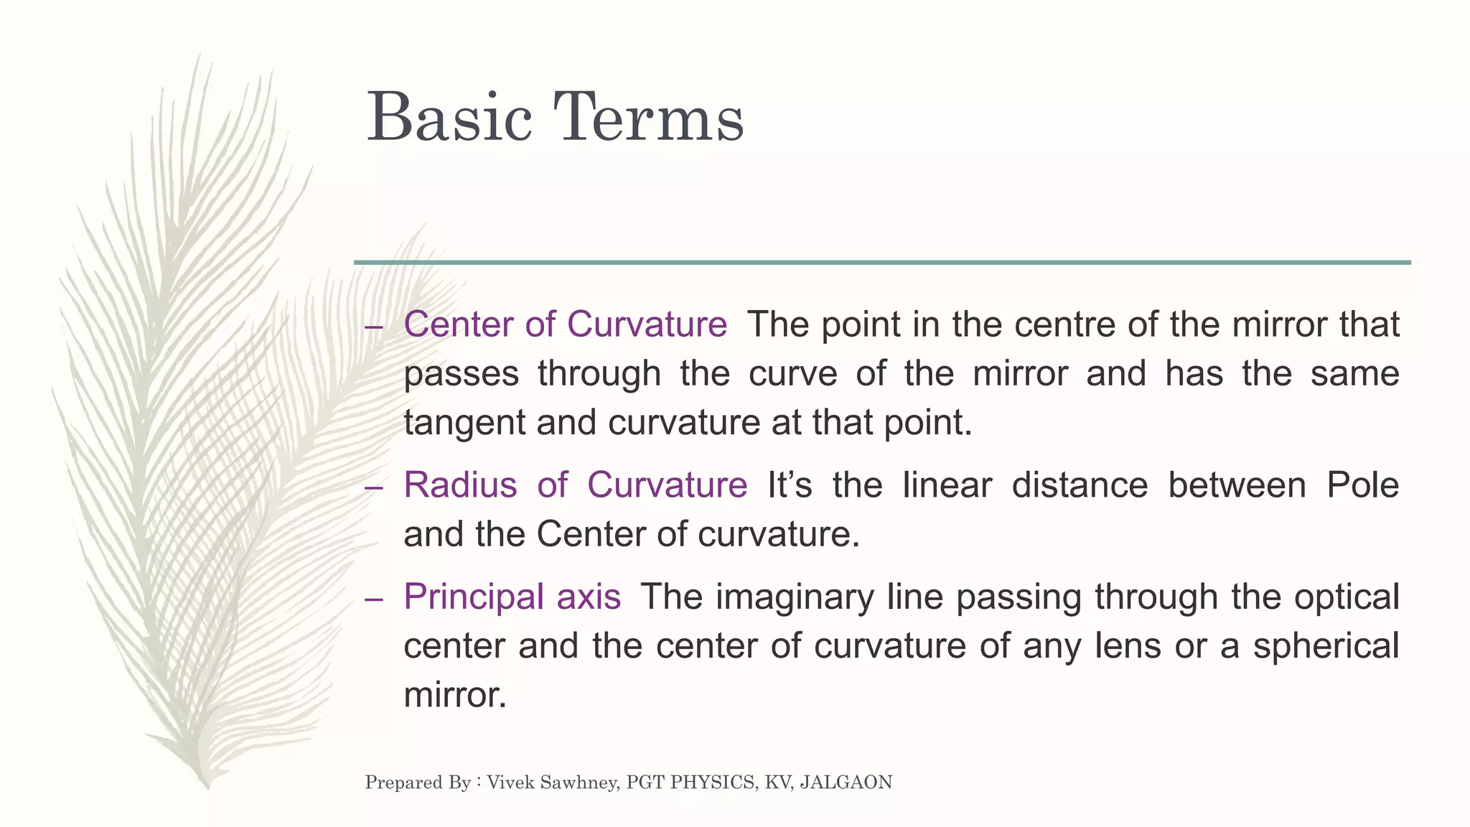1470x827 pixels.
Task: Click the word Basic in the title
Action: (449, 118)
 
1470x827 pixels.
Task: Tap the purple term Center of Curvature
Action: (566, 324)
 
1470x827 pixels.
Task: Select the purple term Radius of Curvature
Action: (575, 485)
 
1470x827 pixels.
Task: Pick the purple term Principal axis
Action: (512, 597)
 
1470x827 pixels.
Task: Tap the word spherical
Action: (1326, 645)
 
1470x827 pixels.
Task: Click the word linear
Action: (947, 485)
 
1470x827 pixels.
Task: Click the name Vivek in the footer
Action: (510, 782)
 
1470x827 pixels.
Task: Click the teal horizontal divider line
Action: (882, 263)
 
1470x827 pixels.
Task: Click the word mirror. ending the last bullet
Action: (455, 695)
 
